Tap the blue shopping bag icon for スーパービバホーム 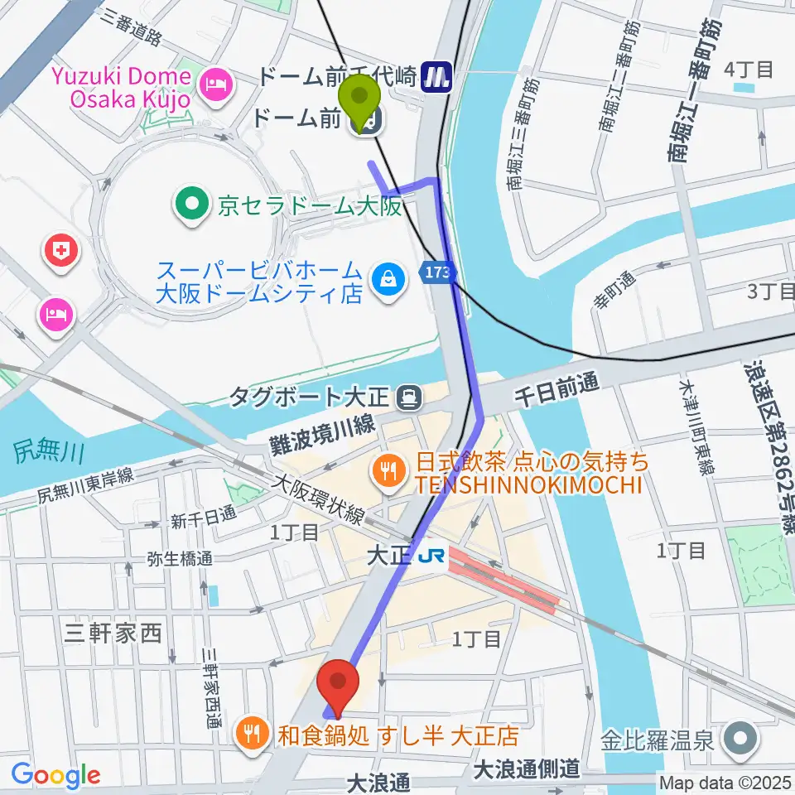[387, 280]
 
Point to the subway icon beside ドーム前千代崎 [436, 77]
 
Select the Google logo [56, 774]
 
